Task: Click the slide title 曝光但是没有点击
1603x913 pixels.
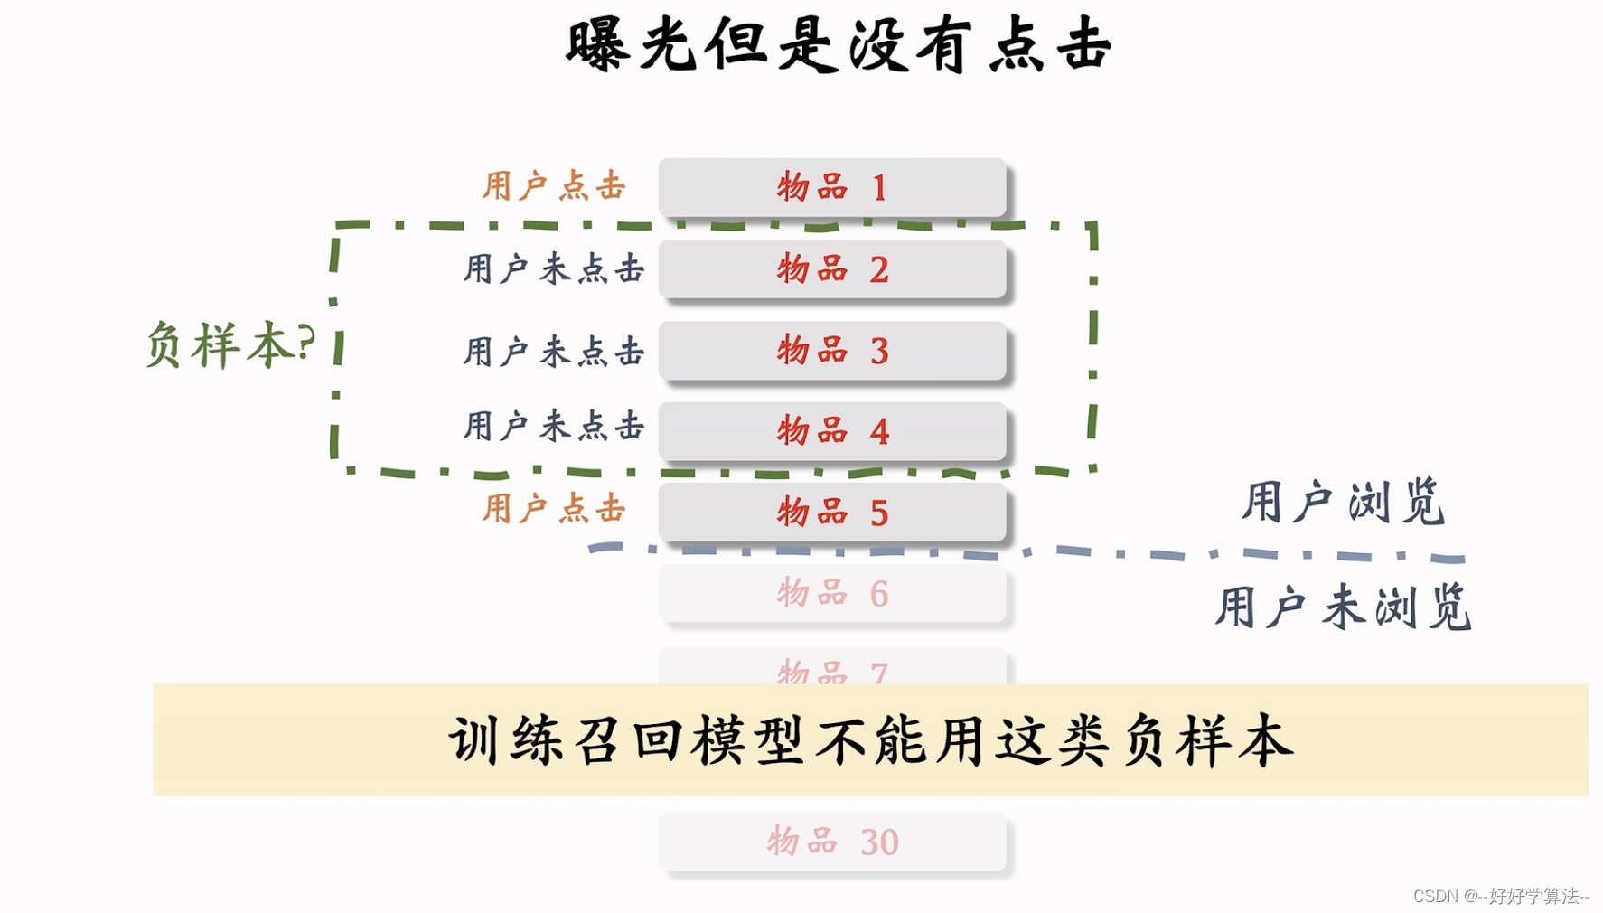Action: (x=838, y=45)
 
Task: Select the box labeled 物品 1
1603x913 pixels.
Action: (x=831, y=187)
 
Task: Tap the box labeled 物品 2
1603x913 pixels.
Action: (x=831, y=268)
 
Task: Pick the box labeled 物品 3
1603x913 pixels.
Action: (x=831, y=350)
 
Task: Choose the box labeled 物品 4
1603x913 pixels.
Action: (x=831, y=431)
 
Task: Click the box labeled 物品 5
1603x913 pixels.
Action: (x=831, y=513)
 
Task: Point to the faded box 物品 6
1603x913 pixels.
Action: (x=831, y=594)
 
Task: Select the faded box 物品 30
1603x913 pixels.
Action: (x=831, y=842)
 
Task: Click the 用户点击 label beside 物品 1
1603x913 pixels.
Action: (x=553, y=186)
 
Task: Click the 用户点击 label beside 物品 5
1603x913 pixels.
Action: (x=553, y=508)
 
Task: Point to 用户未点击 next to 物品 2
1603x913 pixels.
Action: (x=553, y=268)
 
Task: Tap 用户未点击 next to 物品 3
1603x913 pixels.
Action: (x=553, y=351)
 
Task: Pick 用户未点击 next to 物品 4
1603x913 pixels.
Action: (x=553, y=426)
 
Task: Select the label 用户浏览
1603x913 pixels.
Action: (x=1343, y=502)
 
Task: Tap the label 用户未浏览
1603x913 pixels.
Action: (x=1343, y=607)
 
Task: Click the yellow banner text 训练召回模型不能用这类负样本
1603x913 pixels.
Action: (x=870, y=740)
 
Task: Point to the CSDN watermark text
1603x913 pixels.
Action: (x=1500, y=896)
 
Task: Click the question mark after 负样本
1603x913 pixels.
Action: (x=305, y=342)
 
